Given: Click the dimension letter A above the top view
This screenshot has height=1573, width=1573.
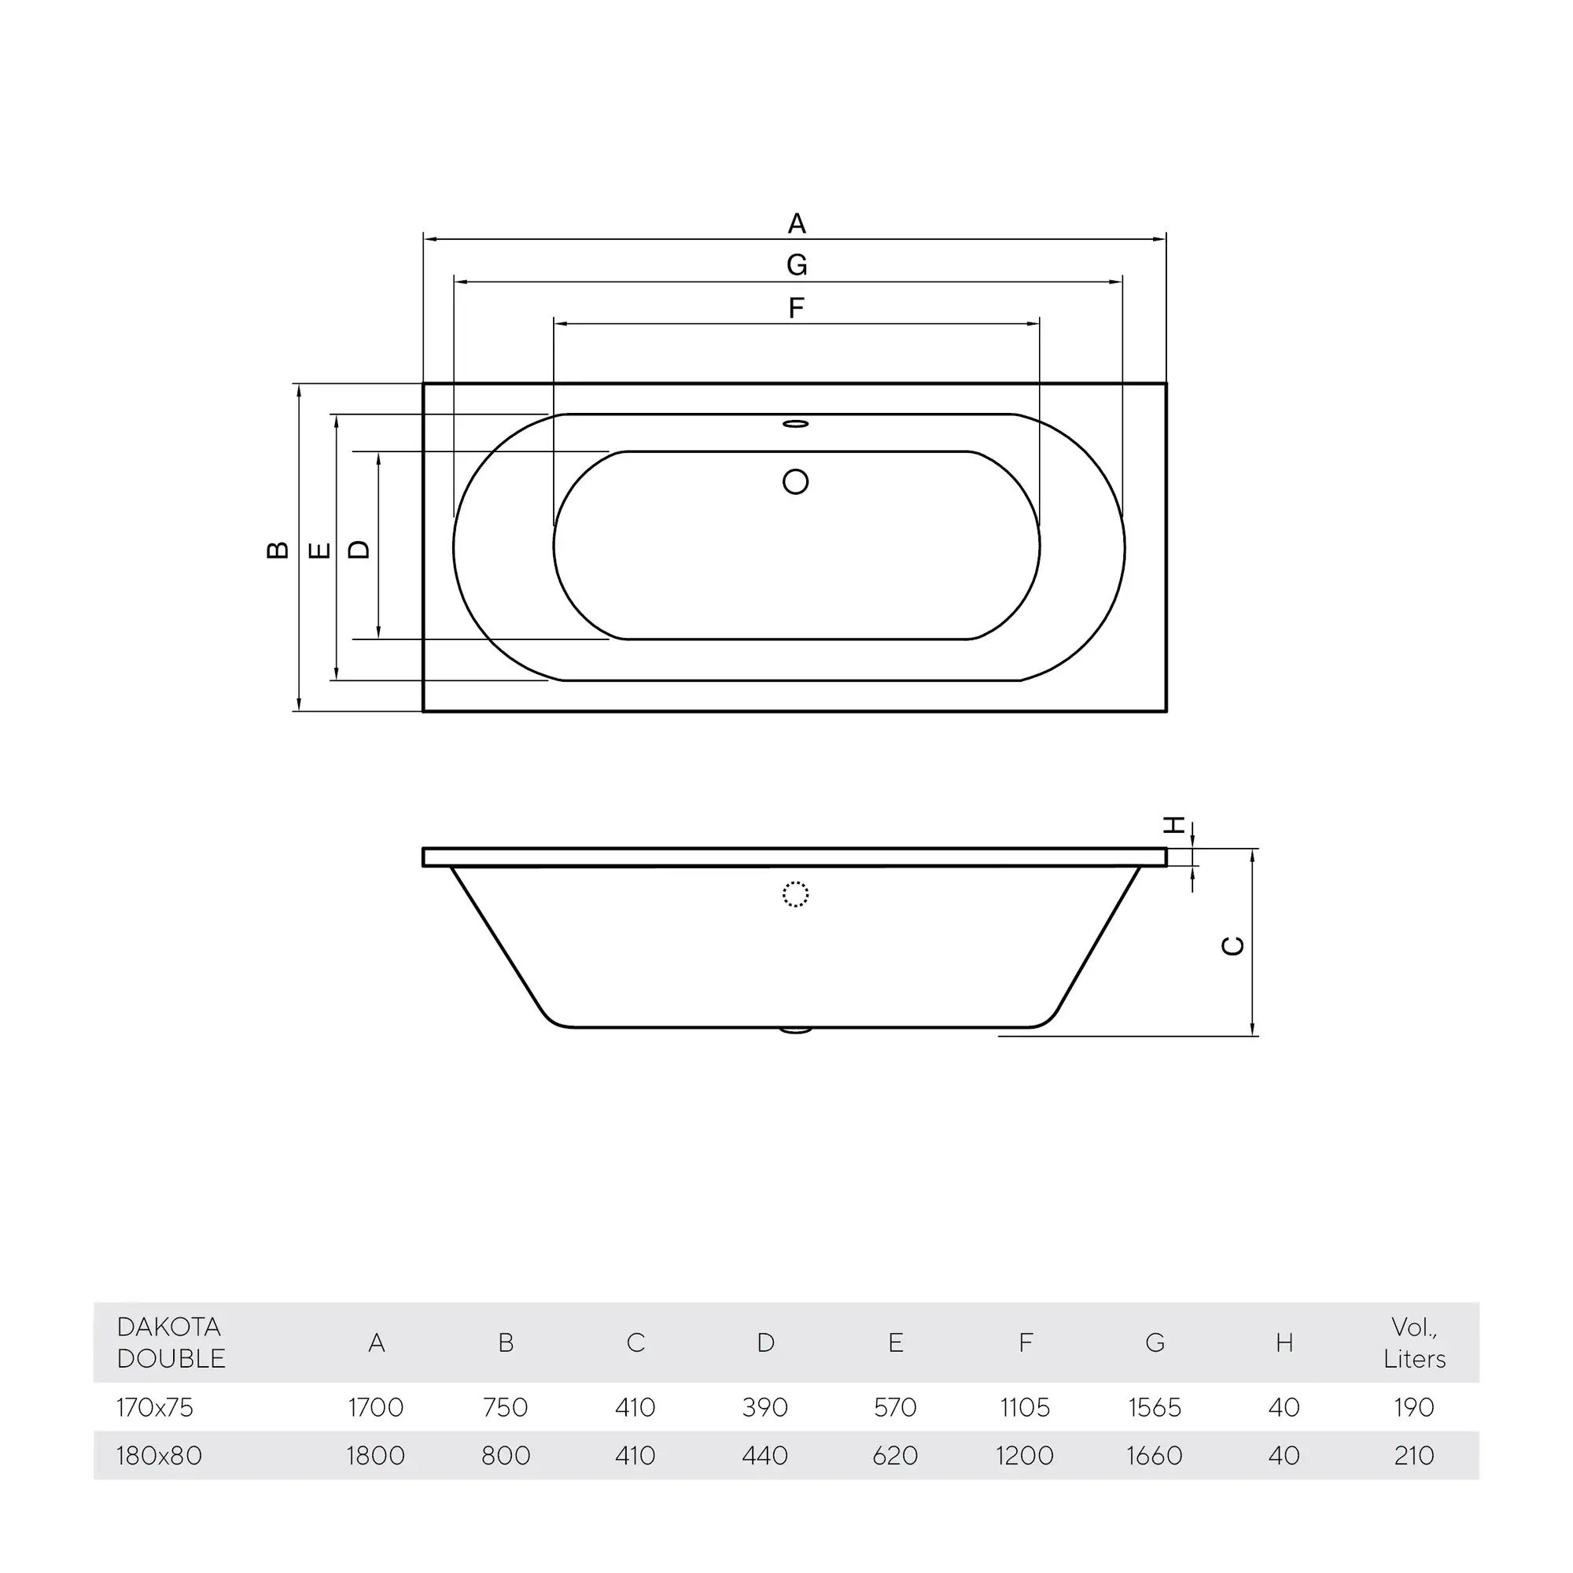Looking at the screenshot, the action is (796, 223).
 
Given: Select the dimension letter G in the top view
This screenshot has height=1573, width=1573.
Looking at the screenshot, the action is (796, 264).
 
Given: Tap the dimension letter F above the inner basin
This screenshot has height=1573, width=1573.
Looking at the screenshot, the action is (796, 308).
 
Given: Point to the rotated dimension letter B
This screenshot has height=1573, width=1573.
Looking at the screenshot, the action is (278, 550).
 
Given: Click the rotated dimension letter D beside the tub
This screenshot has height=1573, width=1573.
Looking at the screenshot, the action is (359, 550).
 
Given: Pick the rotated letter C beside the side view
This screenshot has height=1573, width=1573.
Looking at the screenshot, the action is (1233, 945).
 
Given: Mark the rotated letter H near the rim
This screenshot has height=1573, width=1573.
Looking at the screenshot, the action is (1173, 825).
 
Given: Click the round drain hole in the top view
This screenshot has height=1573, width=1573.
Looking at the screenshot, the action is (795, 482).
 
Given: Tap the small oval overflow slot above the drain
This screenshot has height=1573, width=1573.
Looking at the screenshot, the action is (795, 424).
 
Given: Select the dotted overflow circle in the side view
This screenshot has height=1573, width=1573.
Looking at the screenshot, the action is (795, 895).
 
